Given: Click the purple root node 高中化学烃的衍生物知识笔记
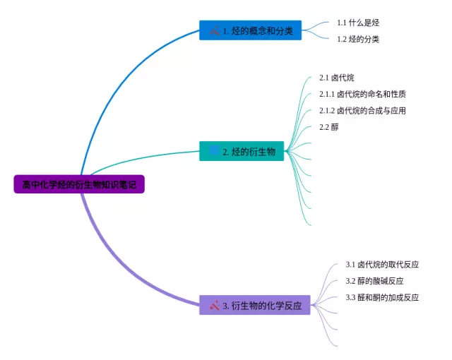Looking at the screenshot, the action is [x=79, y=184].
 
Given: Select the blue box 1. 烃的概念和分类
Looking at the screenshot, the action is [x=250, y=30].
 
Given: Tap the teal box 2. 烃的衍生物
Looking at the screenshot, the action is [x=242, y=151].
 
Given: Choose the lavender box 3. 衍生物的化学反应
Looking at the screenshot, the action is [x=255, y=305].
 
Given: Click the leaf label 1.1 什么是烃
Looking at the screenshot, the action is [x=358, y=23].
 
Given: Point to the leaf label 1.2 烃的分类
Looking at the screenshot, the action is [x=358, y=39].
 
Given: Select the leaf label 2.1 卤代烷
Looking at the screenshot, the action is [x=337, y=78].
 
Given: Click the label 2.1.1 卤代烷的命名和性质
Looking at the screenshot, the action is [x=362, y=94].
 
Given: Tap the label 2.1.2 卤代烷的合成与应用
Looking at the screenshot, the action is [x=362, y=110].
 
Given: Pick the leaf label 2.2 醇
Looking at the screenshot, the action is [x=329, y=127].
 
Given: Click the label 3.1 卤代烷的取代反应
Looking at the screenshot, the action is [x=382, y=264].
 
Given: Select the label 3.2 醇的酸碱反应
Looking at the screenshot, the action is [x=374, y=280].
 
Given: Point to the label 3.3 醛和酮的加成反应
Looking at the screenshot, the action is [x=382, y=297].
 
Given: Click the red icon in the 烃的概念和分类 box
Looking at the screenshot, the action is [x=215, y=30].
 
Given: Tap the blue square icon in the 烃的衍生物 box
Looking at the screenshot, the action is [x=214, y=150].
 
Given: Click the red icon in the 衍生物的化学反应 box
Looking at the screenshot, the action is [x=215, y=305].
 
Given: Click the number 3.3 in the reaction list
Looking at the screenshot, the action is [x=350, y=297].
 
